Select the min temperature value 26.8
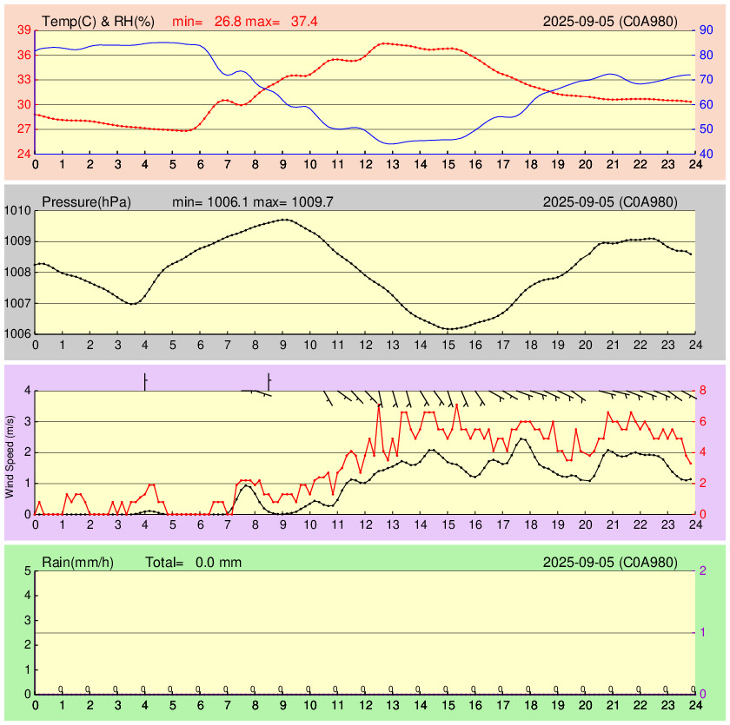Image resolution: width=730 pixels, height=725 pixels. (229, 20)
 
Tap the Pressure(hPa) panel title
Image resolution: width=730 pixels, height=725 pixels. (86, 202)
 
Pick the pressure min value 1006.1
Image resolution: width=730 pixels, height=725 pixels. (229, 202)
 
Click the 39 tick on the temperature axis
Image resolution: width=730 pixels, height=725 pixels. (23, 30)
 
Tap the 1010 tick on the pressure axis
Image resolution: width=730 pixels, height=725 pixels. (17, 211)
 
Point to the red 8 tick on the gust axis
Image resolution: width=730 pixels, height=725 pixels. (703, 391)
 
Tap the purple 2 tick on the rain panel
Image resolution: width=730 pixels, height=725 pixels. (702, 570)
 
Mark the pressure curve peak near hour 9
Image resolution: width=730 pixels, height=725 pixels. (283, 220)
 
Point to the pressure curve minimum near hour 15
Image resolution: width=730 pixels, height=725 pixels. (448, 329)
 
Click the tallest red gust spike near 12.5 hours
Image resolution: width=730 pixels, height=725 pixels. (379, 405)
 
